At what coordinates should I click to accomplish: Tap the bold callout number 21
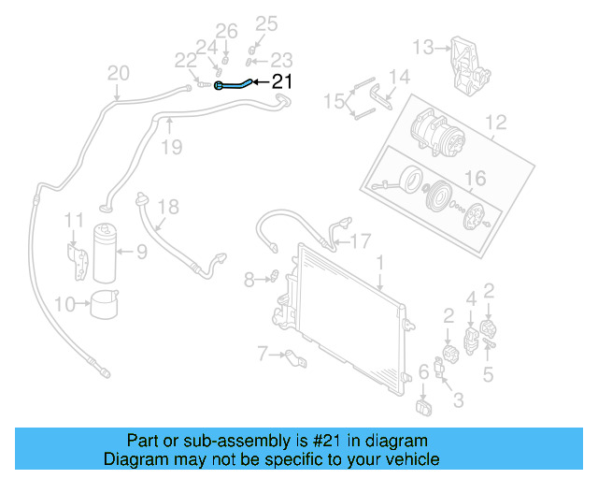[281, 82]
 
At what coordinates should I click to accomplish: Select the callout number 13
[424, 46]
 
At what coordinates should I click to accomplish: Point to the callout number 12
[495, 122]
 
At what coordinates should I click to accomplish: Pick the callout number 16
[476, 177]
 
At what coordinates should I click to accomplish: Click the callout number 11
[74, 221]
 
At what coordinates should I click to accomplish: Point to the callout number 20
[119, 73]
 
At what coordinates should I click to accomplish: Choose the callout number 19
[170, 146]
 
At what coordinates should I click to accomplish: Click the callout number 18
[167, 207]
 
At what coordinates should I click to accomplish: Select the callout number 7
[262, 353]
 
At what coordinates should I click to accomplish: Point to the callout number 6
[423, 372]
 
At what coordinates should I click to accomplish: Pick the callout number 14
[399, 77]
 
